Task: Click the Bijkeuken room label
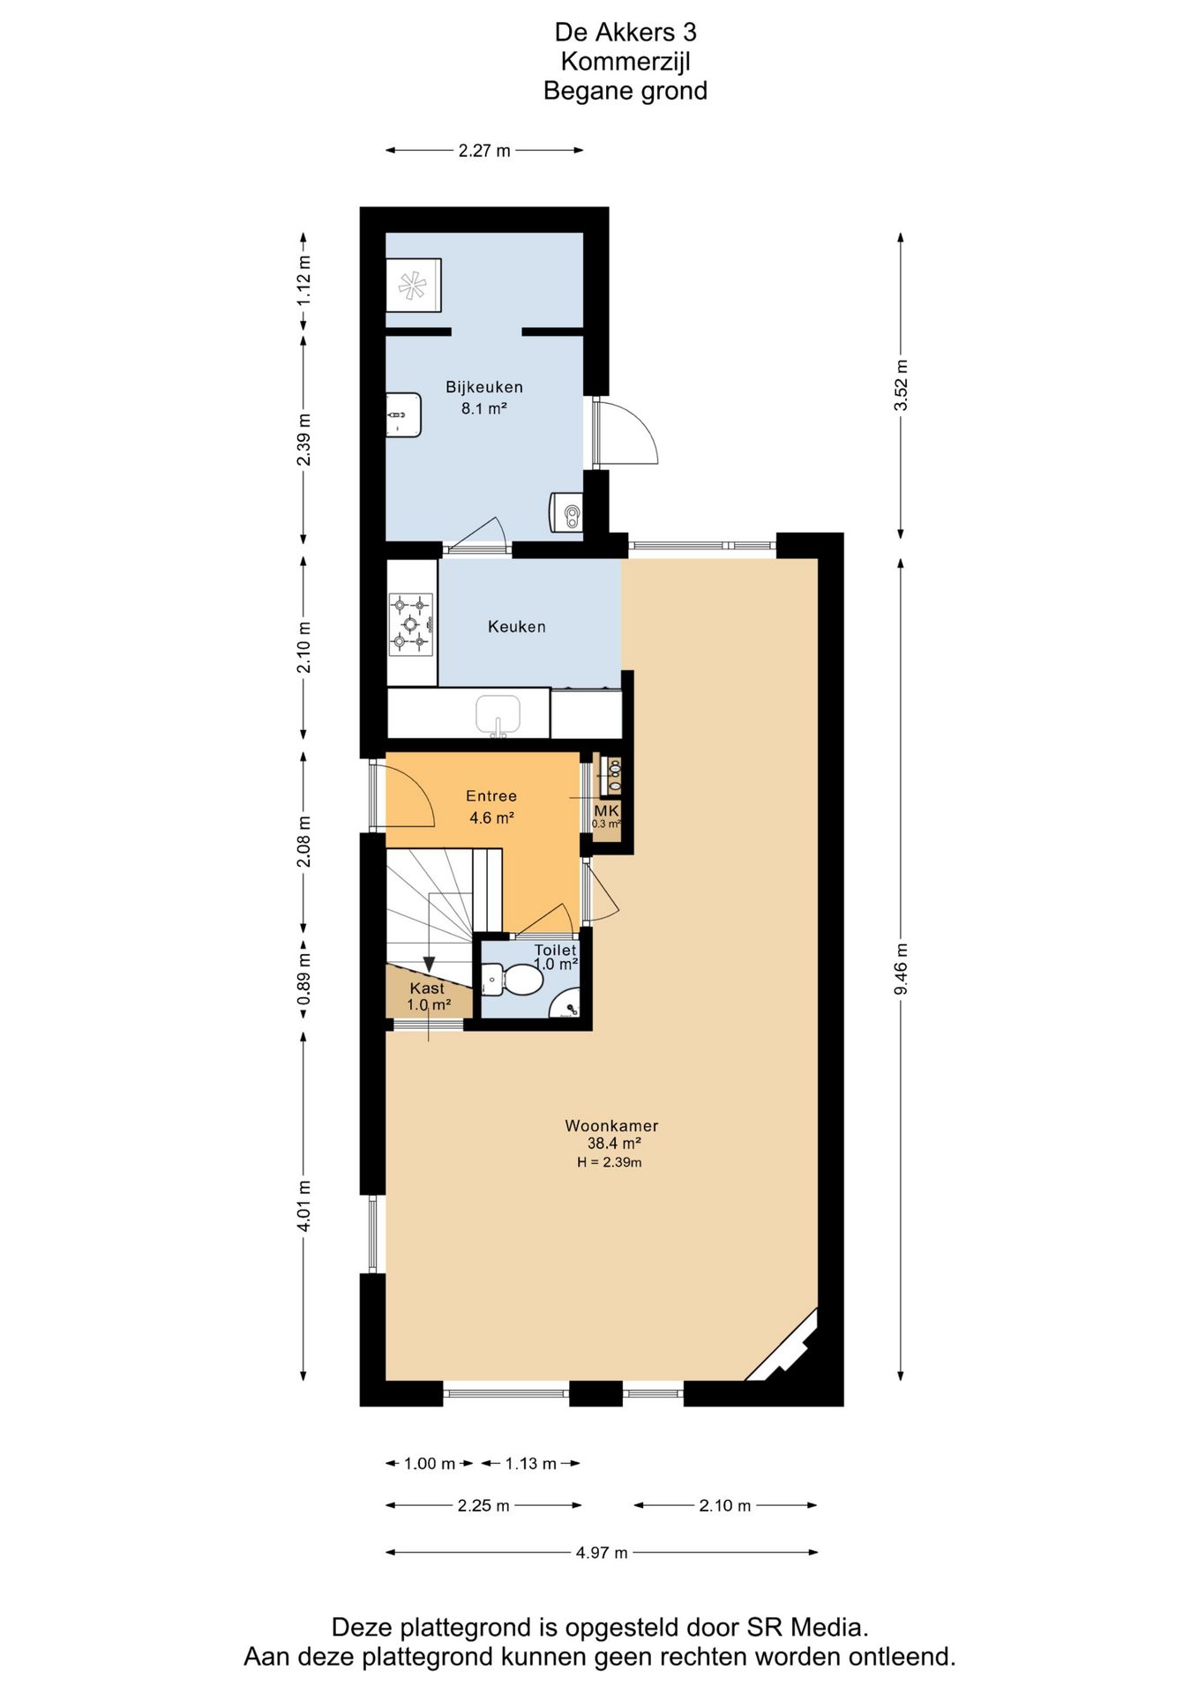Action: click(x=483, y=387)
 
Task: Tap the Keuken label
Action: click(x=517, y=627)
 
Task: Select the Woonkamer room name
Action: click(x=611, y=1126)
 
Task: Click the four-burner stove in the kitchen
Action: click(x=411, y=624)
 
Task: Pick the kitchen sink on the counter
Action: click(x=498, y=714)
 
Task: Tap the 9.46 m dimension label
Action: click(x=901, y=969)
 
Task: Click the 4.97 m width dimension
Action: click(x=602, y=1553)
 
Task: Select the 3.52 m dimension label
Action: click(x=901, y=385)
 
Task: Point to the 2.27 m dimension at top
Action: click(x=484, y=151)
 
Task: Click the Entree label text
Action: click(x=491, y=796)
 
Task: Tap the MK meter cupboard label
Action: click(x=606, y=810)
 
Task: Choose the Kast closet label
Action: click(x=427, y=988)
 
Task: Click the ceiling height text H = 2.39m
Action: click(x=610, y=1162)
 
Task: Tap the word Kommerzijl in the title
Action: click(x=625, y=62)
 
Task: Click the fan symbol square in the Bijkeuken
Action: click(x=413, y=285)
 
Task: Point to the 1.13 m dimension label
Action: click(x=531, y=1464)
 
